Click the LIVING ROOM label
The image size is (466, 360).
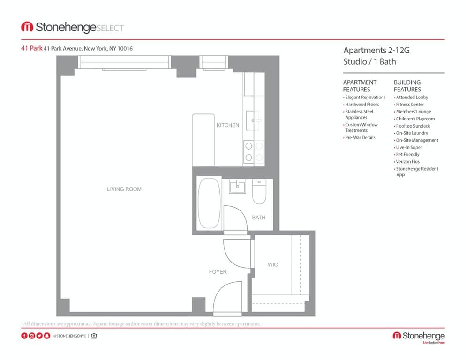124,189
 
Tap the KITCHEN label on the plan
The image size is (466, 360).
228,125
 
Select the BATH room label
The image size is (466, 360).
259,217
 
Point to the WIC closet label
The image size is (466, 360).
272,264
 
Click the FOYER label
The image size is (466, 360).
218,272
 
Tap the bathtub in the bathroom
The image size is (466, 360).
209,203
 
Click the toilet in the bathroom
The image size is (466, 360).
259,191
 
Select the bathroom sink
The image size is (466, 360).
238,186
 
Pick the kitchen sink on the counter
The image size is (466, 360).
253,120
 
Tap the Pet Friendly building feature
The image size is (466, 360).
407,154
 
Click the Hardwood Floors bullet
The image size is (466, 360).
361,105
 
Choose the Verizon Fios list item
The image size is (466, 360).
407,161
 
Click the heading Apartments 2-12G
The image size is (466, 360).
376,50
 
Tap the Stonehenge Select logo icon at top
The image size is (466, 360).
27,27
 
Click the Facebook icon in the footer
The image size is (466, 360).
24,336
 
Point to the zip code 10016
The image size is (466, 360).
125,48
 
